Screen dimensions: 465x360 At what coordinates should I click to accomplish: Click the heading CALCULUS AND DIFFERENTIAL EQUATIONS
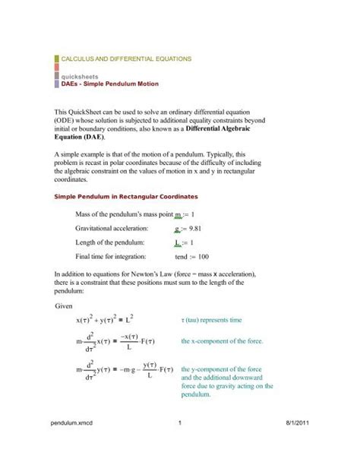pyautogui.click(x=126, y=59)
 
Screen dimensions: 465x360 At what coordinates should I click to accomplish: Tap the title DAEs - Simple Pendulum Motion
pyautogui.click(x=105, y=85)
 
